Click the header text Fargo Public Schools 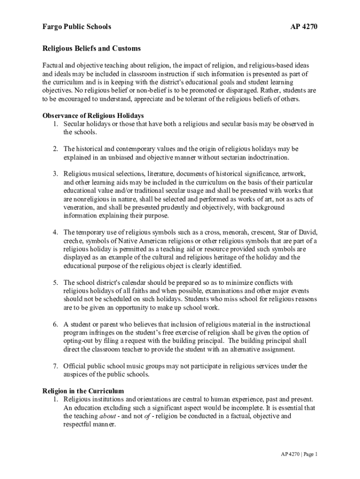pyautogui.click(x=77, y=27)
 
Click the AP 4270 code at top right pyautogui.click(x=304, y=27)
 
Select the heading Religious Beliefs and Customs pyautogui.click(x=92, y=49)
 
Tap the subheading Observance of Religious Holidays pyautogui.click(x=93, y=116)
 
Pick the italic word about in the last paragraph pyautogui.click(x=108, y=416)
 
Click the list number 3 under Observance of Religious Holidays pyautogui.click(x=55, y=174)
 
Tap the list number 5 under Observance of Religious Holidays pyautogui.click(x=55, y=283)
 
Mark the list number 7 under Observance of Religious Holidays pyautogui.click(x=55, y=366)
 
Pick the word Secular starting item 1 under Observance pyautogui.click(x=76, y=124)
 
